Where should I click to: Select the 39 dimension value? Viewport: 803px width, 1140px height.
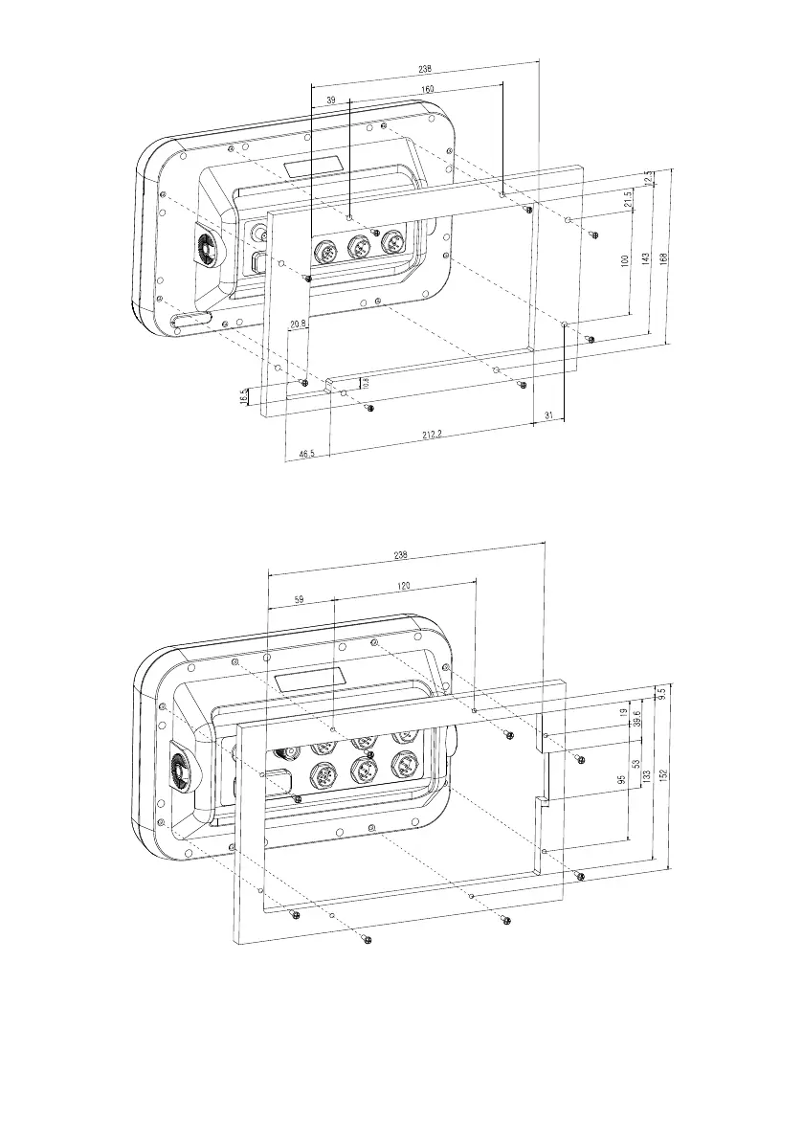331,101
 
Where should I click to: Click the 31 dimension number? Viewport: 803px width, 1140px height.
548,414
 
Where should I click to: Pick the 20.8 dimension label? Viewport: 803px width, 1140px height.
298,324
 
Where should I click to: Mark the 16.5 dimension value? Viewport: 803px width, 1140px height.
244,395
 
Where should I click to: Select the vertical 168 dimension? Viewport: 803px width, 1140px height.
663,254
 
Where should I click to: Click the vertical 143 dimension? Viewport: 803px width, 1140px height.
644,259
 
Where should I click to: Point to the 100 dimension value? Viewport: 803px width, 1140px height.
623,262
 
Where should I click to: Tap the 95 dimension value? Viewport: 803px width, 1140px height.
621,782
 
